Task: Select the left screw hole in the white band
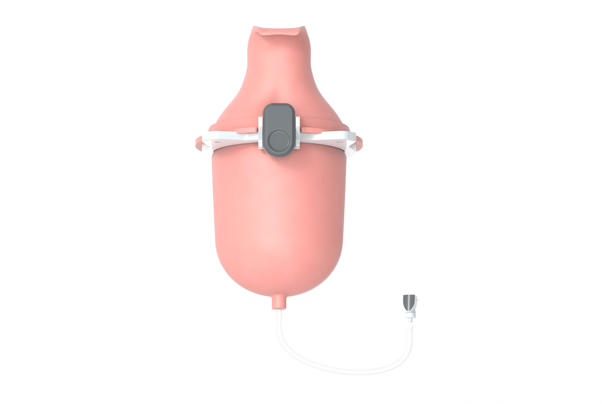point(217,142)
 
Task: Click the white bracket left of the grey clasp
point(260,133)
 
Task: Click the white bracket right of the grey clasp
point(298,133)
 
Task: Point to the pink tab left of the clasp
point(247,130)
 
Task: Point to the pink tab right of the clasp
point(311,130)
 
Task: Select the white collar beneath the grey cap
point(410,315)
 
